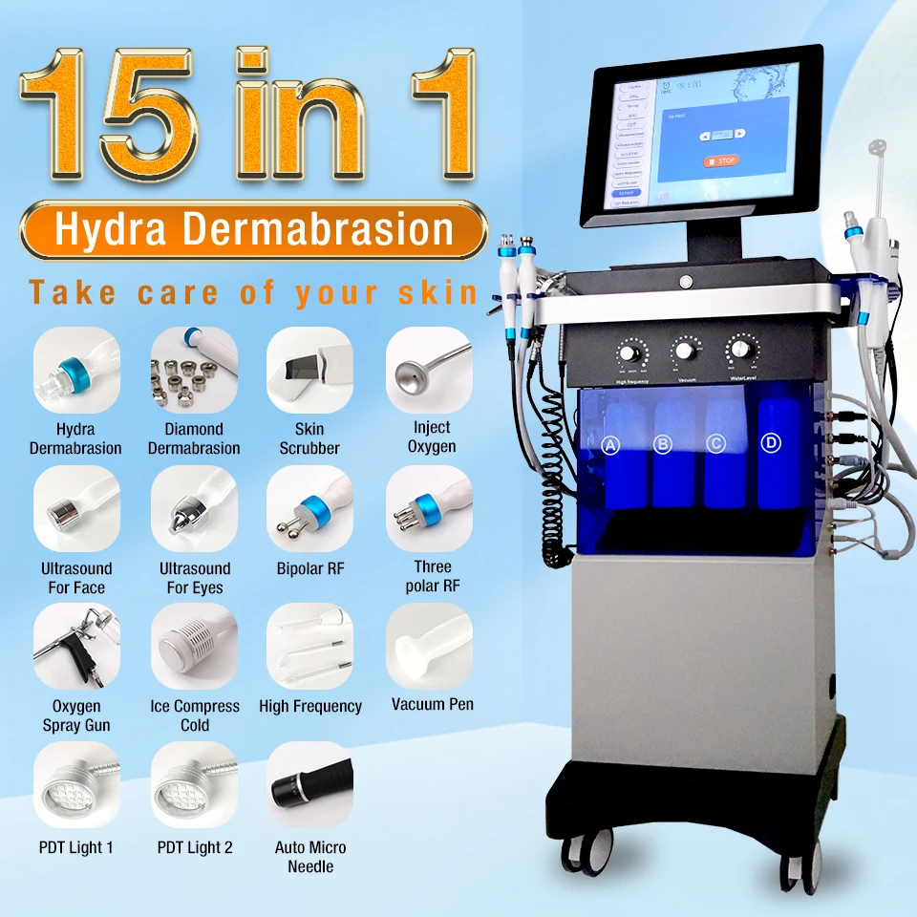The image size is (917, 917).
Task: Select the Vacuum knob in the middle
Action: (x=685, y=350)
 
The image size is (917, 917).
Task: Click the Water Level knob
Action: (x=740, y=346)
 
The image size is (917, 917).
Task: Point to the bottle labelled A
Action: (x=612, y=445)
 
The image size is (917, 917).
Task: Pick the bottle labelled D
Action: (x=772, y=442)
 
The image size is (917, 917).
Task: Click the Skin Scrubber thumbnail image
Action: (x=309, y=372)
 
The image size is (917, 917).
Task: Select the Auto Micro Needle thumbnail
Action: (x=309, y=785)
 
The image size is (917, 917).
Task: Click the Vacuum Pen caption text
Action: (x=432, y=705)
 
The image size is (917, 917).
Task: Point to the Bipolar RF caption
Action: (x=309, y=568)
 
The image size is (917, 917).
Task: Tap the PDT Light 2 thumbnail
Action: (x=194, y=785)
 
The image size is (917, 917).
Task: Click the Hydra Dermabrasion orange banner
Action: (x=253, y=230)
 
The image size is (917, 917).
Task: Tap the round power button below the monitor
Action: (x=684, y=281)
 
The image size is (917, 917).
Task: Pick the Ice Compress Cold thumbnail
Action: (x=194, y=647)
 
